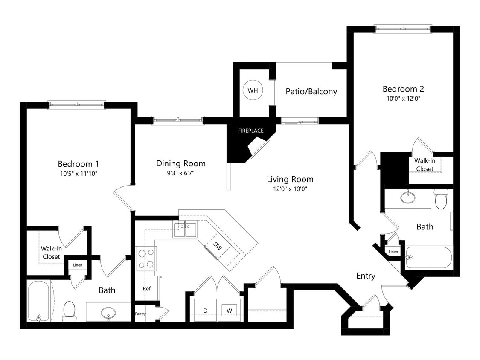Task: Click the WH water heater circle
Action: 253,90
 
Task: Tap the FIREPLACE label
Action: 250,131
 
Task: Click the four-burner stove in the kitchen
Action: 146,258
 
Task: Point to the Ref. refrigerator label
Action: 147,289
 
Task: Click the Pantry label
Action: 140,314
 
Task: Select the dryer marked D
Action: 205,310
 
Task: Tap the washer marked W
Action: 229,310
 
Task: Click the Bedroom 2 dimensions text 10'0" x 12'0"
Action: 403,99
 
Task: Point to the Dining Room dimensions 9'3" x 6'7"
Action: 180,173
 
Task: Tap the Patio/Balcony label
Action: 311,91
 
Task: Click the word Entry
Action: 366,276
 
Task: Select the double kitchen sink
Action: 185,229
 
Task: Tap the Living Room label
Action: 290,179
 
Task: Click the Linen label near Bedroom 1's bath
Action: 77,265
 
